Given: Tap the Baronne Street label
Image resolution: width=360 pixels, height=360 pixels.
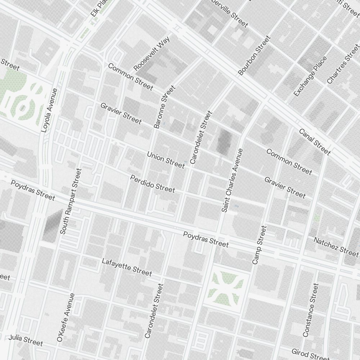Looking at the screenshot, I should pyautogui.click(x=164, y=107).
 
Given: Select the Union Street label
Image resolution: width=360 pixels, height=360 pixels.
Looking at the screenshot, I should pyautogui.click(x=166, y=160).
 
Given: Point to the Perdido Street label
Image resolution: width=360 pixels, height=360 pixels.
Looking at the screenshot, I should pyautogui.click(x=153, y=184).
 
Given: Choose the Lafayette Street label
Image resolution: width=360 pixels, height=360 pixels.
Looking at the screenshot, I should pyautogui.click(x=127, y=267).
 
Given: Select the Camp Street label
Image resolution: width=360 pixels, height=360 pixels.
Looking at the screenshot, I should pyautogui.click(x=260, y=245).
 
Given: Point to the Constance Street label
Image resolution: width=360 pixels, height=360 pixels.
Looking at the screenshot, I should pyautogui.click(x=311, y=310).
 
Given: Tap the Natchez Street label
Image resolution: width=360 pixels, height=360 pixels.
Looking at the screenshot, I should pyautogui.click(x=336, y=245).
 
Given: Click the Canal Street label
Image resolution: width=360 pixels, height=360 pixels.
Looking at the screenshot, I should pyautogui.click(x=315, y=142).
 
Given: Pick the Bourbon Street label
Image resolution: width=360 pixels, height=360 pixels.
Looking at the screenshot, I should pyautogui.click(x=254, y=55).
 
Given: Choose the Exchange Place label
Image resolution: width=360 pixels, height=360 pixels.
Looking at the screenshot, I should pyautogui.click(x=310, y=76).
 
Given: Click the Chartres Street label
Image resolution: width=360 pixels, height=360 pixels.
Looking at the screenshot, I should pyautogui.click(x=343, y=64).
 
